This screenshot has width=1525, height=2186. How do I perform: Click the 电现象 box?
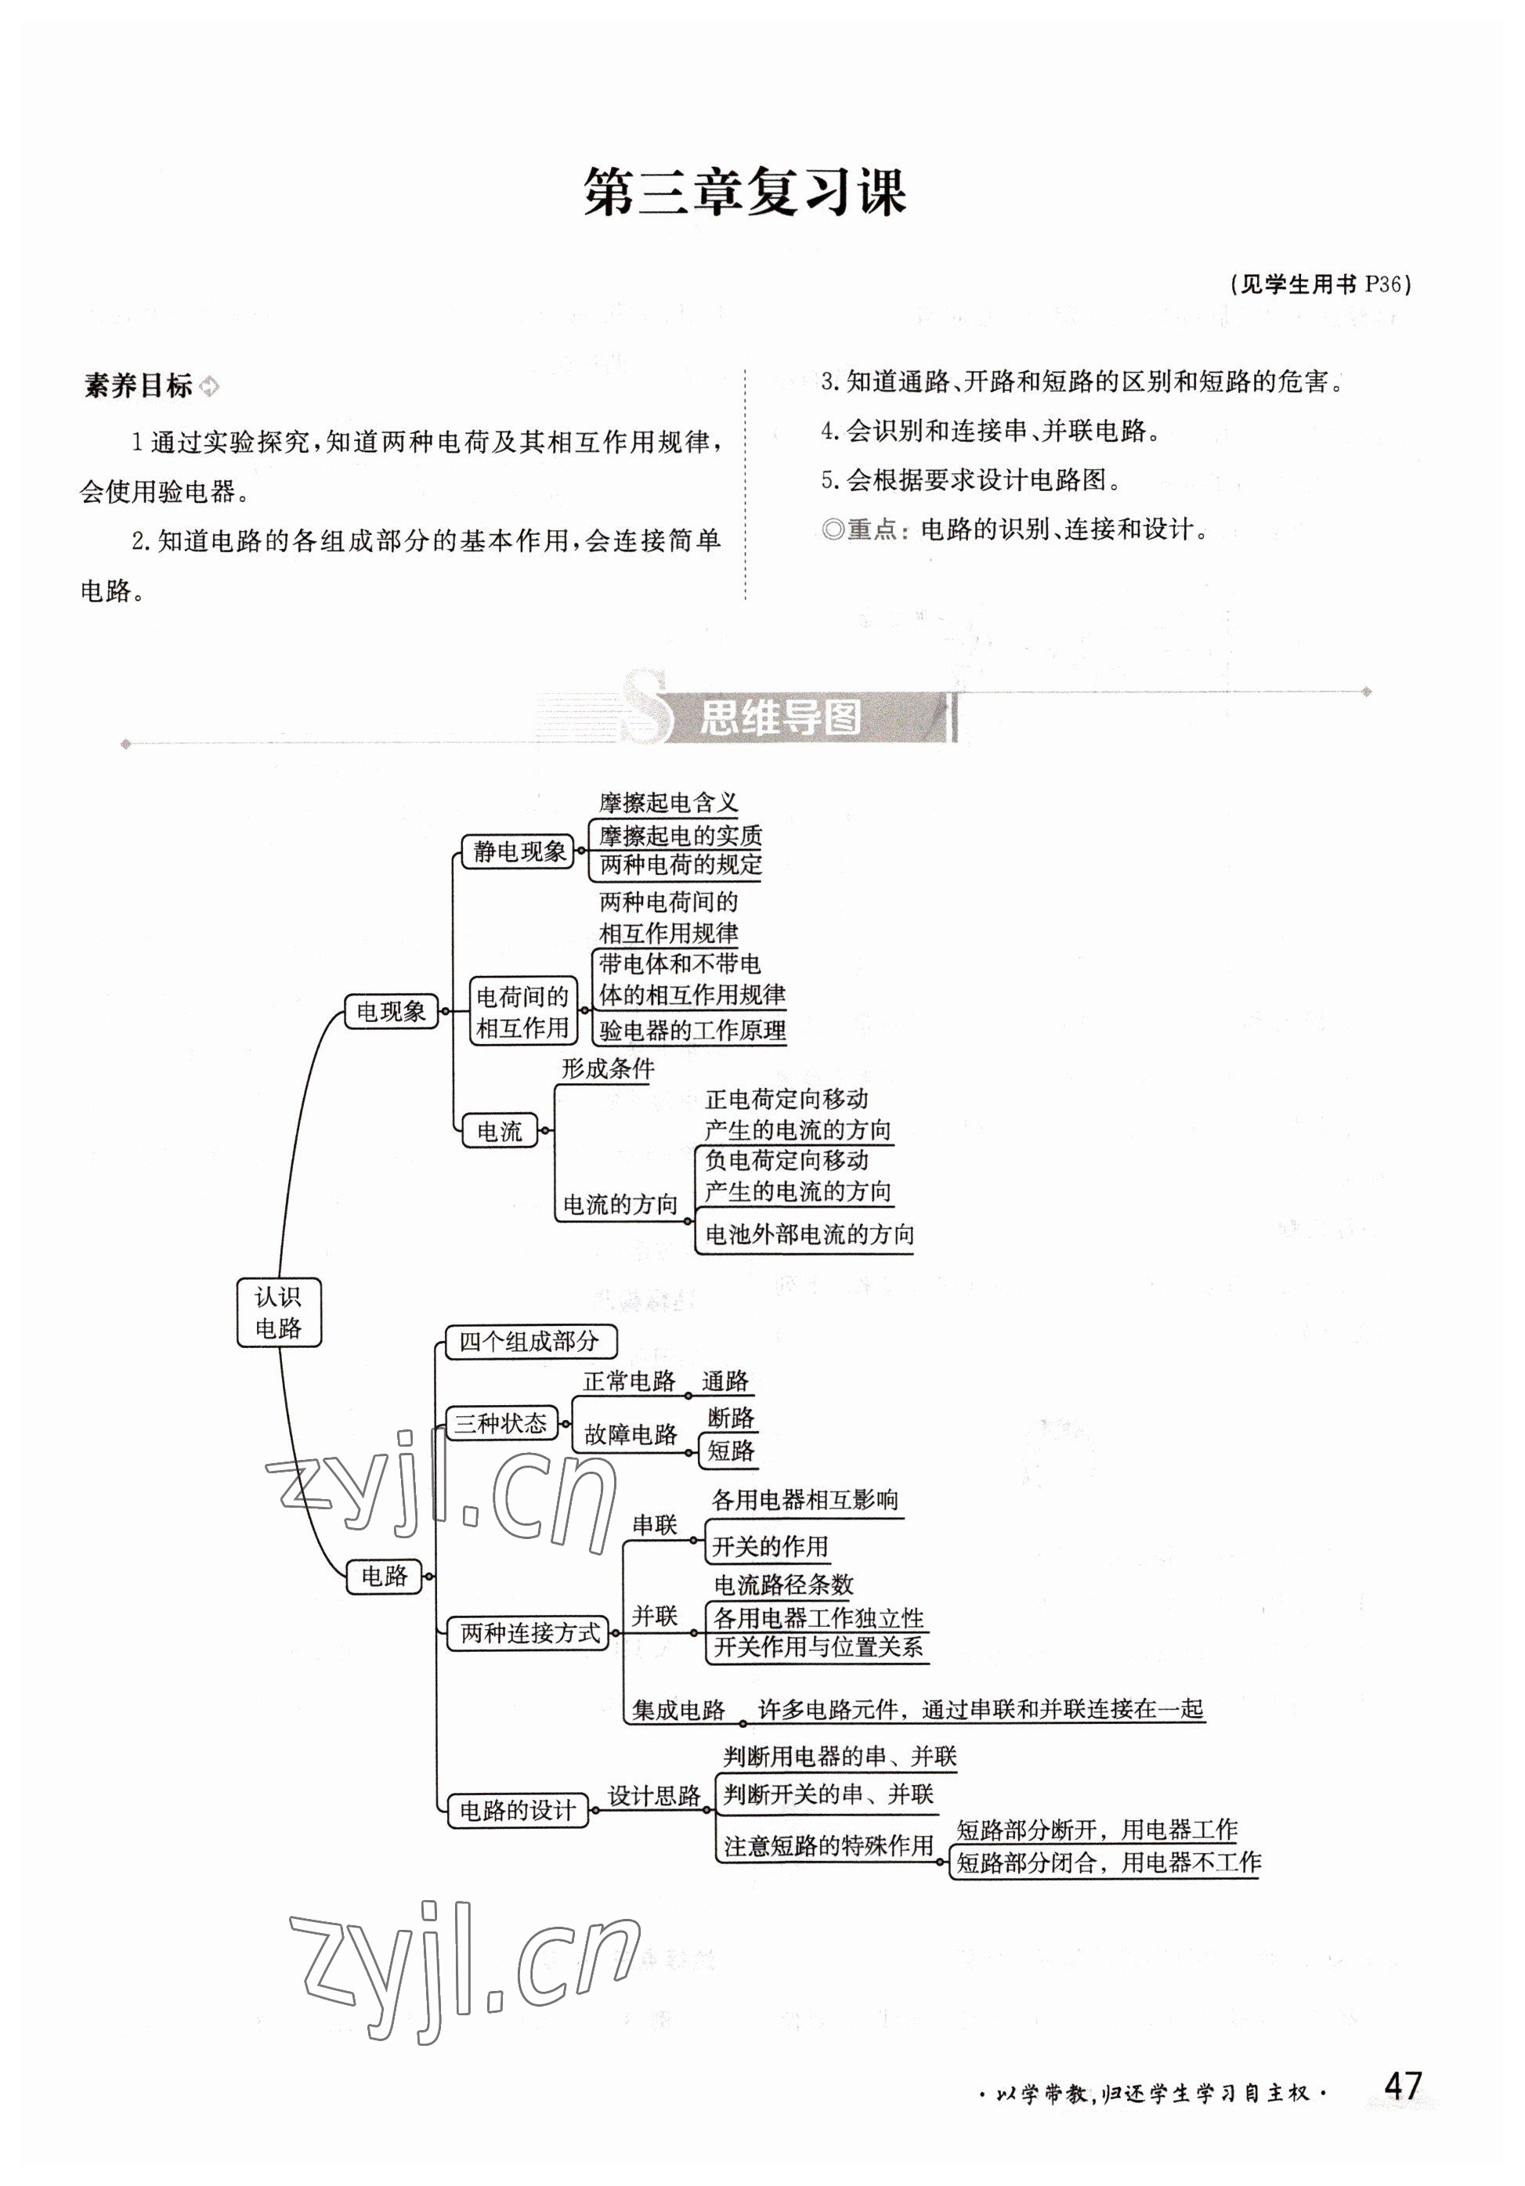[x=390, y=1011]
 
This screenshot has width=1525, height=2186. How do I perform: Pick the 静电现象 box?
[x=519, y=851]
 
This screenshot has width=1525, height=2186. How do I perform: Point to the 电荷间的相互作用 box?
[x=522, y=1011]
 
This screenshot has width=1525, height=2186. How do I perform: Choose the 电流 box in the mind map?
[x=500, y=1131]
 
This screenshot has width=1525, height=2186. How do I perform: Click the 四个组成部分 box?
[x=529, y=1342]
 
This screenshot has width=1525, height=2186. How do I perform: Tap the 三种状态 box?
[x=501, y=1422]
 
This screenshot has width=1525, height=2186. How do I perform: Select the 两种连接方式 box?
[x=530, y=1633]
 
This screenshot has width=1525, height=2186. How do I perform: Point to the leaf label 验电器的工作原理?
[x=692, y=1030]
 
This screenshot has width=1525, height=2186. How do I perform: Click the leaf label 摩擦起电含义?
[x=668, y=803]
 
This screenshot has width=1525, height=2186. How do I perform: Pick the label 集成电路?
[x=679, y=1709]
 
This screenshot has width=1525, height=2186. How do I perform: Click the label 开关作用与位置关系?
[x=818, y=1647]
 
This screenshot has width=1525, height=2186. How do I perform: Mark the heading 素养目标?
[x=139, y=385]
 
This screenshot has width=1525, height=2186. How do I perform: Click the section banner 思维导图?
[x=781, y=718]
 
